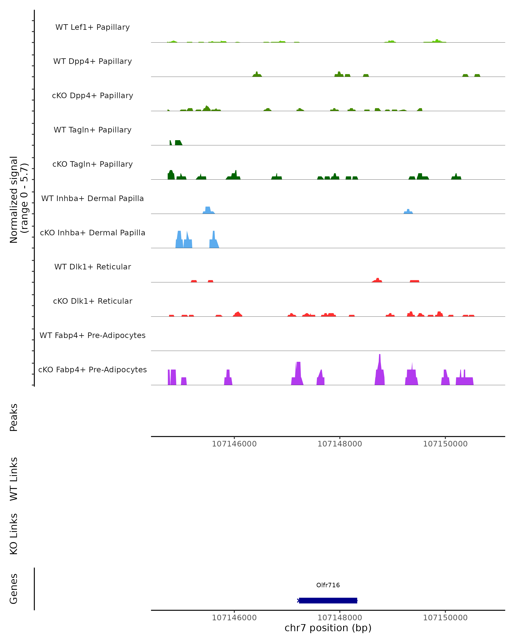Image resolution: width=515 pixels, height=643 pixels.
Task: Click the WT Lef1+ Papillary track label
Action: [x=92, y=27]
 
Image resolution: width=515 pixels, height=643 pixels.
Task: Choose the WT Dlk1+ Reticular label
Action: [x=92, y=267]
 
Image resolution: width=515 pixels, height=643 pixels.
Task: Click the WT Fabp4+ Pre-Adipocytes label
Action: [x=92, y=335]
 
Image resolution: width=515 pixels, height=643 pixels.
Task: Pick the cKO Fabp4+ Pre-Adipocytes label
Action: [x=92, y=370]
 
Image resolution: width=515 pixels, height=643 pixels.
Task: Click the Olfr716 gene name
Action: [x=328, y=585]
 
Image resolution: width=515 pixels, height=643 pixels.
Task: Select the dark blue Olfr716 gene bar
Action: [x=328, y=600]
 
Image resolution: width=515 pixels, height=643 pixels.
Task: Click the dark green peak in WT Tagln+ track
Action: [x=178, y=143]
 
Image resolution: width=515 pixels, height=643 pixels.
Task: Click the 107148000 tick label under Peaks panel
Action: [x=339, y=444]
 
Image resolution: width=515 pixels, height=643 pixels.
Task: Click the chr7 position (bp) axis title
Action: [x=328, y=628]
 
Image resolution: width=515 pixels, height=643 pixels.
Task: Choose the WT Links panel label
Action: [x=14, y=479]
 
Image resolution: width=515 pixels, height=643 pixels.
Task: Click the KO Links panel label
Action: [x=14, y=534]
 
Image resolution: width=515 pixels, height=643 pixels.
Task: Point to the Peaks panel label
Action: [x=14, y=417]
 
